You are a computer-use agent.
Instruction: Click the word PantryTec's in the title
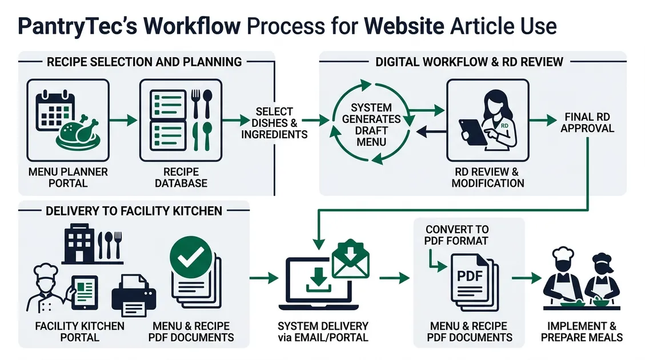coord(77,27)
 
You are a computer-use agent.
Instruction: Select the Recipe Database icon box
coord(181,121)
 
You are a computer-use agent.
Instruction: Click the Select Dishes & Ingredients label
coord(274,123)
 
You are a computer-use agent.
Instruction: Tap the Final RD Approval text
coord(587,123)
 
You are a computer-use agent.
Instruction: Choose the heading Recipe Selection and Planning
coord(144,62)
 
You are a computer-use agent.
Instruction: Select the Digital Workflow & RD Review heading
coord(469,62)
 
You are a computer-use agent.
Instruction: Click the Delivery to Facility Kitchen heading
coord(134,211)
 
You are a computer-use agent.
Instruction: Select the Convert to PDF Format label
coord(456,235)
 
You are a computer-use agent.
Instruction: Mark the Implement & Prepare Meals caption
coord(582,331)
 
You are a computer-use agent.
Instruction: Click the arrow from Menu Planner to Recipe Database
coord(123,121)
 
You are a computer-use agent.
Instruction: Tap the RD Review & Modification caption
coord(487,177)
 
